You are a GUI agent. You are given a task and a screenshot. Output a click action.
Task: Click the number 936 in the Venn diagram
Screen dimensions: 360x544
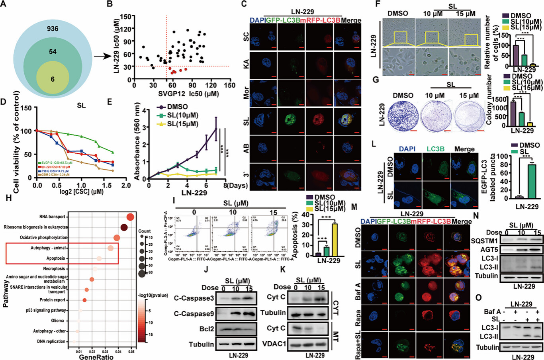coord(53,29)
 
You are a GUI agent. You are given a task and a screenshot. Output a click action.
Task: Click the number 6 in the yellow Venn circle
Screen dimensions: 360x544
coord(53,79)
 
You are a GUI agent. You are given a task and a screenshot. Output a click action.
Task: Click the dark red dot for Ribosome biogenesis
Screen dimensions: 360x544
coord(124,228)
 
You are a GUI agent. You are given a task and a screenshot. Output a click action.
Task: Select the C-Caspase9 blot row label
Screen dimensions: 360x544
coord(194,314)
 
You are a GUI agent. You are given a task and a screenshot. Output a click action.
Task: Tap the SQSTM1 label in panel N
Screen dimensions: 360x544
coord(483,240)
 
